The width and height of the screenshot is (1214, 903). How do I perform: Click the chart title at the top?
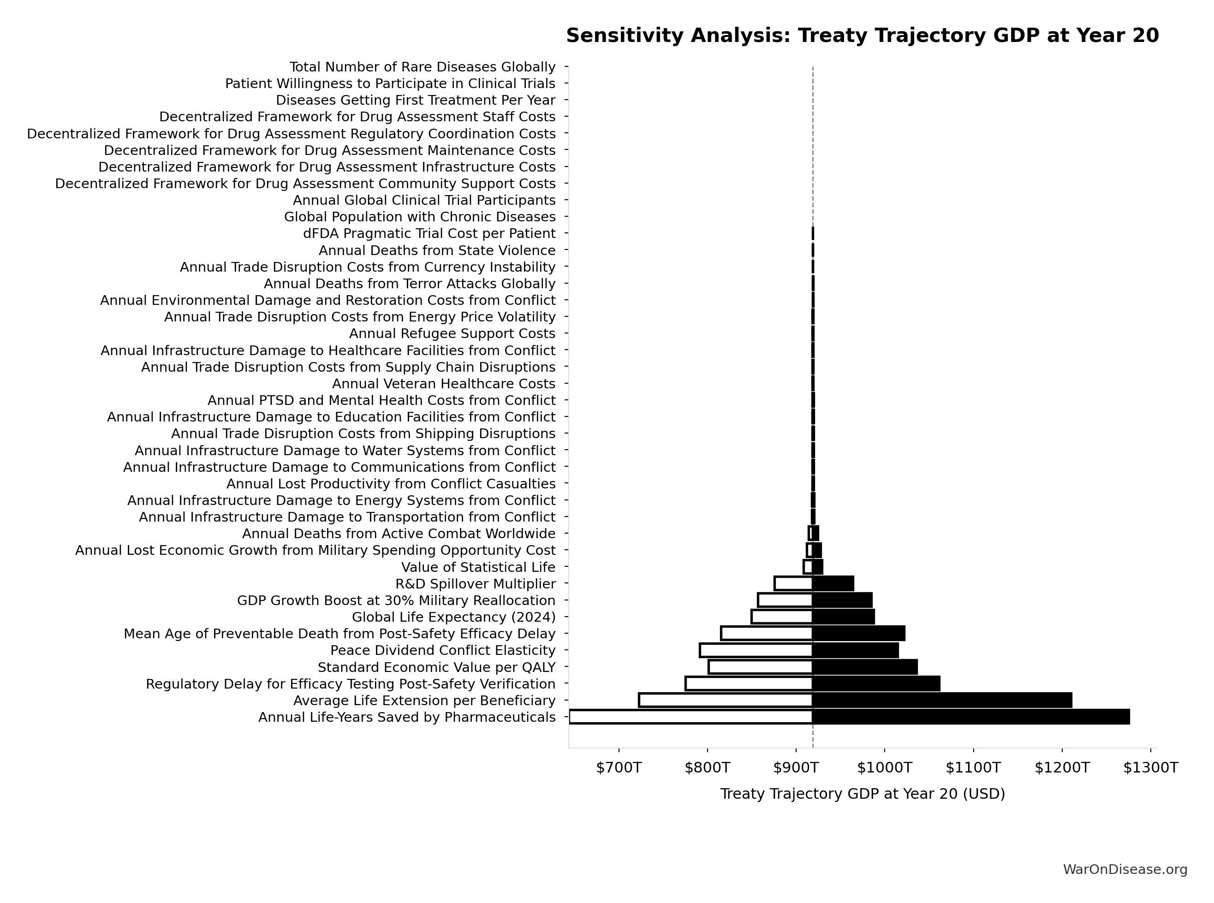[862, 36]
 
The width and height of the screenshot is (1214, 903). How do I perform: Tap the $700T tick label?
[618, 768]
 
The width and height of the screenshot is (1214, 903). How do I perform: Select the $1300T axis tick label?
[1150, 768]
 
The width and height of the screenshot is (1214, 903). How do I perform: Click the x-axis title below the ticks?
[862, 794]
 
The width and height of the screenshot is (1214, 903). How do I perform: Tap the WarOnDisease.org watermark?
[1125, 870]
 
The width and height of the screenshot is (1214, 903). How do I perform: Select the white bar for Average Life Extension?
[726, 700]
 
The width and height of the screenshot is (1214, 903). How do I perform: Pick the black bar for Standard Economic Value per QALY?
[865, 667]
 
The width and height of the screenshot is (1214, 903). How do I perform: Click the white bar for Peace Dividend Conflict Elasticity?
[756, 650]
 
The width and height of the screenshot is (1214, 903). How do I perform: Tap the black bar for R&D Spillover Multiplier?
[833, 584]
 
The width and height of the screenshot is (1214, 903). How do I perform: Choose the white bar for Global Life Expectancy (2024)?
[782, 617]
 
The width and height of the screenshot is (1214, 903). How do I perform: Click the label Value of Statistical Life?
[478, 567]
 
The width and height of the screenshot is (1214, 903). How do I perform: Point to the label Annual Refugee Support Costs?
[452, 333]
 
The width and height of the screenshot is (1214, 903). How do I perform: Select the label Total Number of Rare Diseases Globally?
[422, 67]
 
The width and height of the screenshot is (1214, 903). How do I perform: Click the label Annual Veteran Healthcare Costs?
[443, 384]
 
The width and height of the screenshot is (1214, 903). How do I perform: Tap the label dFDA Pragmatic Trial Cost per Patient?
[429, 234]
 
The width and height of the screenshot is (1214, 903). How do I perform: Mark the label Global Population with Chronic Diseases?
[419, 217]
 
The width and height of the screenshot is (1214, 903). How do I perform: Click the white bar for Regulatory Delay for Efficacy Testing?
[749, 684]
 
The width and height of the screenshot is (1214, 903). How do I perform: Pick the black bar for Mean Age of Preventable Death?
[858, 634]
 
